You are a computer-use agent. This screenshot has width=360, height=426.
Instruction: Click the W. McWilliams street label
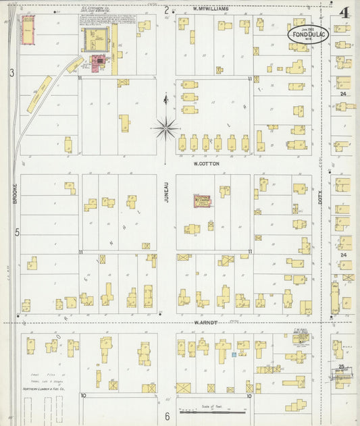[x=211, y=9]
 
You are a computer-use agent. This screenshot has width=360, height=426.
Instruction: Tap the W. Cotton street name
[x=205, y=163]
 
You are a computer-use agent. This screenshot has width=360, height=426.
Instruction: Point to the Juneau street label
[x=166, y=192]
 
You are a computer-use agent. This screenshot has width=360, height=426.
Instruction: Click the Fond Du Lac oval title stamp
[x=309, y=34]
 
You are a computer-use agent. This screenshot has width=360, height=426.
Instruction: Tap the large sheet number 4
[x=344, y=13]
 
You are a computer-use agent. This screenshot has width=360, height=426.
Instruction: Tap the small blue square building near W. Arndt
[x=234, y=354]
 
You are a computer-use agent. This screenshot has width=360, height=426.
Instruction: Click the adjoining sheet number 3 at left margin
[x=12, y=72]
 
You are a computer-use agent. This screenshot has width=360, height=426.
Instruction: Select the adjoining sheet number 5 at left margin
[x=18, y=232]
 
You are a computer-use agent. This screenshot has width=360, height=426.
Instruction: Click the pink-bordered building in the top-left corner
[x=28, y=29]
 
